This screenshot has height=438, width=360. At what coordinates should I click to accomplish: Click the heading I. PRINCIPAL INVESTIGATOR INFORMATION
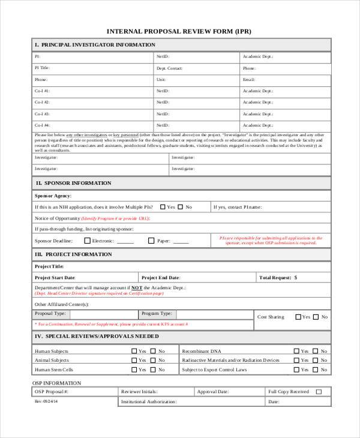click(x=95, y=45)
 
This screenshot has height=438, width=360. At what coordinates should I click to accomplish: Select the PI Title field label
click(x=43, y=68)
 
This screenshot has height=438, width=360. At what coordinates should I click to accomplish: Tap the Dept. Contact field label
click(x=169, y=68)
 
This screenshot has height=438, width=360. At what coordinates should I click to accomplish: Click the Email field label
click(x=249, y=79)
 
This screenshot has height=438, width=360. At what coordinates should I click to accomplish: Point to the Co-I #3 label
click(x=43, y=113)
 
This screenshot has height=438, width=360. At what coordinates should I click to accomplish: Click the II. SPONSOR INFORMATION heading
click(x=73, y=183)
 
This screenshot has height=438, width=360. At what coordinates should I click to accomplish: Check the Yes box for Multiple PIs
click(x=163, y=207)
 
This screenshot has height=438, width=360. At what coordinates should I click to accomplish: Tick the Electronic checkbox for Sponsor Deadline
click(x=87, y=241)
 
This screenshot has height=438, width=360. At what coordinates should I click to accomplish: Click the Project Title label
click(x=49, y=266)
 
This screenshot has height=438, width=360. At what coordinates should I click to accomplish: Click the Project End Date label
click(x=160, y=278)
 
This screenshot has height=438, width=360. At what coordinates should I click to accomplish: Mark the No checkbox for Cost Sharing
click(x=316, y=317)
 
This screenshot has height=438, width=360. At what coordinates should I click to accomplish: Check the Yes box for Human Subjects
click(x=134, y=351)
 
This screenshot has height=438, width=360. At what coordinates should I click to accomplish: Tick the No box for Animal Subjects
click(x=153, y=361)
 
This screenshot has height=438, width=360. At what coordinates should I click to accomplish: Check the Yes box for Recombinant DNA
click(x=296, y=351)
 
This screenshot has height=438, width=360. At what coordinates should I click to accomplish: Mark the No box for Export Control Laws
click(x=316, y=370)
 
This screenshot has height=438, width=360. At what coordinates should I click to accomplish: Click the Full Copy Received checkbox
click(x=319, y=392)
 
